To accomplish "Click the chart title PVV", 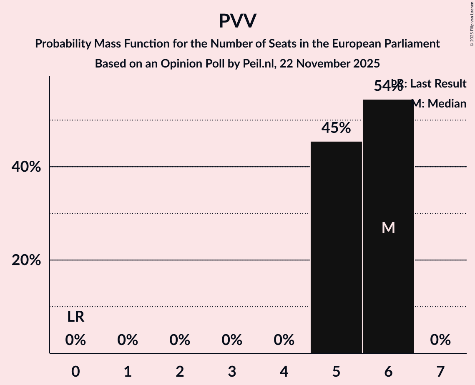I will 237,21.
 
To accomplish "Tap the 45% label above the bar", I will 336,128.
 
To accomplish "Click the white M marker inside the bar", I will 388,227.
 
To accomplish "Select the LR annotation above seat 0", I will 75,317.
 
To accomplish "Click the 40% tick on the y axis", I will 26,167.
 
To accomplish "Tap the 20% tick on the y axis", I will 26,260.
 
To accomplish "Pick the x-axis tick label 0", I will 75,371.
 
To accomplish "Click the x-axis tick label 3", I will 232,371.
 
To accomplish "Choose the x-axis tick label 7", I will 440,371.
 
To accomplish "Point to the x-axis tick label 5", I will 336,371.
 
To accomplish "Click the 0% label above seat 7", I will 440,340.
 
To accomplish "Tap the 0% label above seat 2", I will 180,340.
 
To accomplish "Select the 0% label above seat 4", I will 284,340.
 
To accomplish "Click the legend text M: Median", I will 439,104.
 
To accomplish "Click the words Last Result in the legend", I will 438,84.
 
